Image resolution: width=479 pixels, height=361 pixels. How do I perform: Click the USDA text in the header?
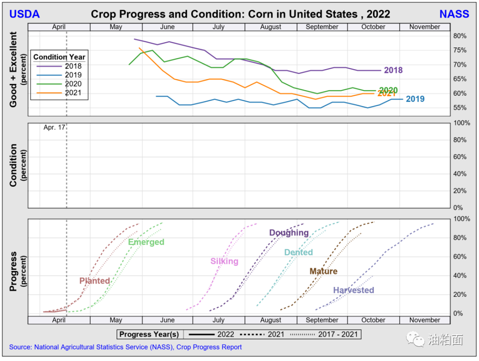tap(24, 14)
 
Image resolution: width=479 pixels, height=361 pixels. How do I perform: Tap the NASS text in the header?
tap(454, 14)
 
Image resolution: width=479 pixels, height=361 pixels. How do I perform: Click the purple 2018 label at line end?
tap(393, 71)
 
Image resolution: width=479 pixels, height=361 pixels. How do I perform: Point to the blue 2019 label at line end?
tap(415, 99)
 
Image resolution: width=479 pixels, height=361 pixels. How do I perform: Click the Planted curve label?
tap(94, 281)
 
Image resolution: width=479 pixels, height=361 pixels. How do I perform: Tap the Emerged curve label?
tap(146, 242)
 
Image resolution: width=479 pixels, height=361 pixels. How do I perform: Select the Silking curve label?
tap(224, 261)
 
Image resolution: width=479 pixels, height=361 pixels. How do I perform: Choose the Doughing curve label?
tap(289, 233)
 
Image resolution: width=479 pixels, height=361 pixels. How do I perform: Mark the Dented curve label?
tap(298, 252)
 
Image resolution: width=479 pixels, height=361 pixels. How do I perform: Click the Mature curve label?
tap(323, 271)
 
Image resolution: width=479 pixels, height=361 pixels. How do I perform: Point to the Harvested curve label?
tap(353, 290)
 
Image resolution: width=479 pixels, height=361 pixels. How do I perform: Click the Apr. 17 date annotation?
tap(54, 127)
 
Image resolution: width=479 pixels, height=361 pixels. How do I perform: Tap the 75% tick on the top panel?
tap(460, 51)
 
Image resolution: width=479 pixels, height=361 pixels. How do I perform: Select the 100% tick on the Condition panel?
tap(461, 123)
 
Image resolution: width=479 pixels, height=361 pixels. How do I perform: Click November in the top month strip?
tap(424, 27)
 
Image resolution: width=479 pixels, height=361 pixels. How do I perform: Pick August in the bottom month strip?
tap(271, 320)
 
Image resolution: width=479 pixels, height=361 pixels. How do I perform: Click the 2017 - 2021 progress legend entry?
tap(338, 334)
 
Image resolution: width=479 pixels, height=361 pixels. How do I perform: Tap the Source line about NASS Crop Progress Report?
tap(126, 347)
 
